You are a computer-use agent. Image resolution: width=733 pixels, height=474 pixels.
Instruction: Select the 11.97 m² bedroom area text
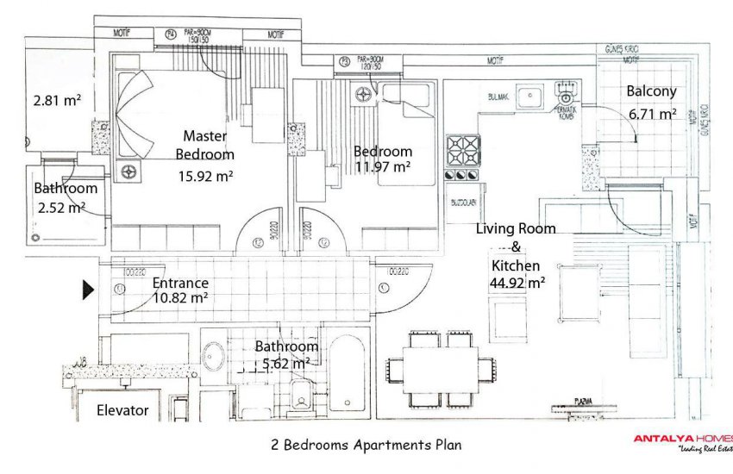pos(382,167)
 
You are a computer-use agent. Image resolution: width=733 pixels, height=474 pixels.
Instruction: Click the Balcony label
pos(651,91)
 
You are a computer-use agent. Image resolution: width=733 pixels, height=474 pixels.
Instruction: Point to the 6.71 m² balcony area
pos(652,113)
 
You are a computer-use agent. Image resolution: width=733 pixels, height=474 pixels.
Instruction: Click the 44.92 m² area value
pos(516,283)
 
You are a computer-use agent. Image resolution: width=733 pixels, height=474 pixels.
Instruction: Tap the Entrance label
pos(180,283)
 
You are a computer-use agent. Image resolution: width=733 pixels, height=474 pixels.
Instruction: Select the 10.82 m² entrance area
pos(180,298)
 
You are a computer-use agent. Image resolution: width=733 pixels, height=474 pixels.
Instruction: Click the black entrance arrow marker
pos(88,290)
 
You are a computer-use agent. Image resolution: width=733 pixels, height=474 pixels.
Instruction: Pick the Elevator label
pos(122,410)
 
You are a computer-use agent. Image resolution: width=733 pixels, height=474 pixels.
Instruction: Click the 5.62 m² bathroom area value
pos(282,364)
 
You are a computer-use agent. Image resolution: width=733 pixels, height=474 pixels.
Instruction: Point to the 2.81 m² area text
pos(57,100)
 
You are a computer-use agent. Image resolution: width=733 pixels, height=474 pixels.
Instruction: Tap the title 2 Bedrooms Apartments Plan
pos(366,446)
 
